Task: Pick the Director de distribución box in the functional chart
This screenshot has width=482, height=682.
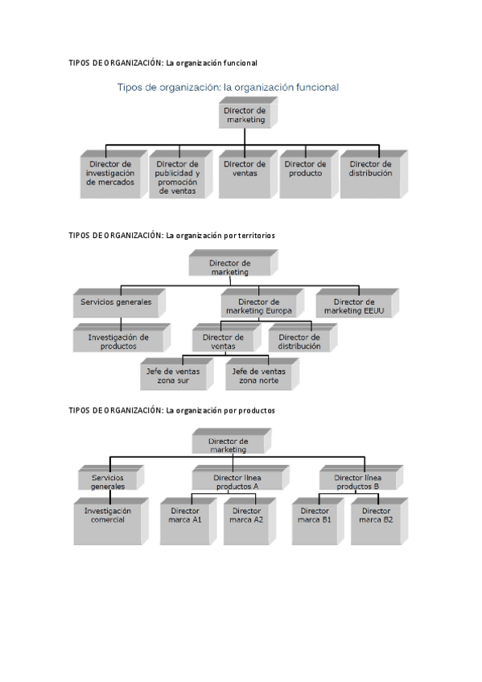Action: pyautogui.click(x=370, y=172)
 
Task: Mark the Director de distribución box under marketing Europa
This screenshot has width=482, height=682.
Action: pyautogui.click(x=299, y=341)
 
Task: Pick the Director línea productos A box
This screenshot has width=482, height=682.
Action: pyautogui.click(x=236, y=481)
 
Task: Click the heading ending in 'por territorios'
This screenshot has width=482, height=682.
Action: pyautogui.click(x=172, y=236)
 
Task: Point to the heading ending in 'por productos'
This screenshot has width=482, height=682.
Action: pyautogui.click(x=172, y=410)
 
